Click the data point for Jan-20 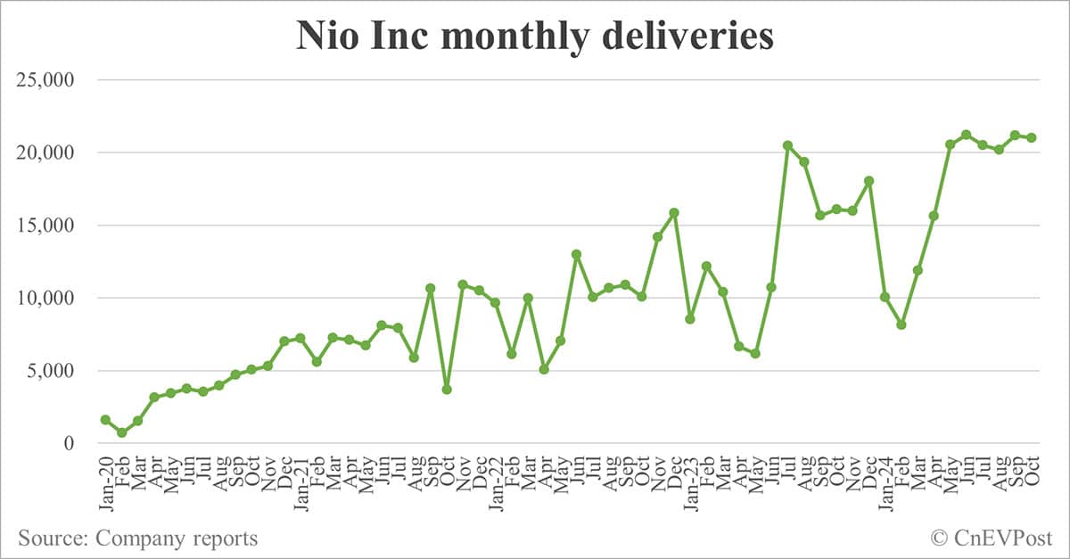pos(105,419)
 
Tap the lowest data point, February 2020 pos(122,432)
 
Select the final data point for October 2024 pos(1031,137)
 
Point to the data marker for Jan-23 pos(690,318)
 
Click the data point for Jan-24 pos(885,297)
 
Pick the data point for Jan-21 pos(300,338)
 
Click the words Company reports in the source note pos(177,538)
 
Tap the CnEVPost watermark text pos(1001,538)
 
